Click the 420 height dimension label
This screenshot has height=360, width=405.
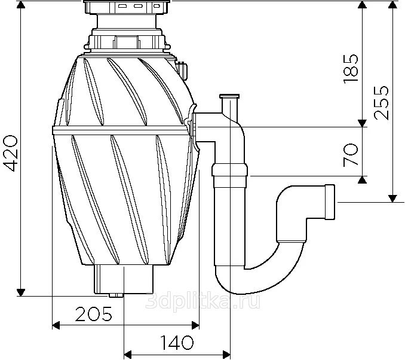tap(11, 153)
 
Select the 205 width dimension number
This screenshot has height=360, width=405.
tap(94, 314)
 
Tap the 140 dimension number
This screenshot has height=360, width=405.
tap(177, 342)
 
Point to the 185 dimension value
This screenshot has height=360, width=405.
tap(351, 68)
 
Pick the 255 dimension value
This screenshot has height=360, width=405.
tap(381, 102)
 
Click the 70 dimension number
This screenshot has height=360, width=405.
tap(351, 155)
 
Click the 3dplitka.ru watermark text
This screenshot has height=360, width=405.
tap(202, 300)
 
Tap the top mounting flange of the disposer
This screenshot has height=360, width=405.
tap(127, 7)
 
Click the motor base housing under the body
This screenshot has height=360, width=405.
tap(124, 279)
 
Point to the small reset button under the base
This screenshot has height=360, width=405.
tap(116, 295)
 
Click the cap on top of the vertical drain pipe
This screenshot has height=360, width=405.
tap(229, 97)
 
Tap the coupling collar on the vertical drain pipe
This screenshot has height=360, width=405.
tap(229, 170)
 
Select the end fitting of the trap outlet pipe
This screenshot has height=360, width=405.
tap(330, 202)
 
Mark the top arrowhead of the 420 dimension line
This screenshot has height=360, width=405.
tap(21, 5)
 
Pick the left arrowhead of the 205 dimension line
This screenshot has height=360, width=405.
tap(56, 325)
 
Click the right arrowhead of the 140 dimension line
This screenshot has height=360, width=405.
tap(226, 354)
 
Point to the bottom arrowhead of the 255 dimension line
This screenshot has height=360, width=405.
tap(392, 199)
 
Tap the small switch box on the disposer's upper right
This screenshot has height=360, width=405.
tap(183, 71)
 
